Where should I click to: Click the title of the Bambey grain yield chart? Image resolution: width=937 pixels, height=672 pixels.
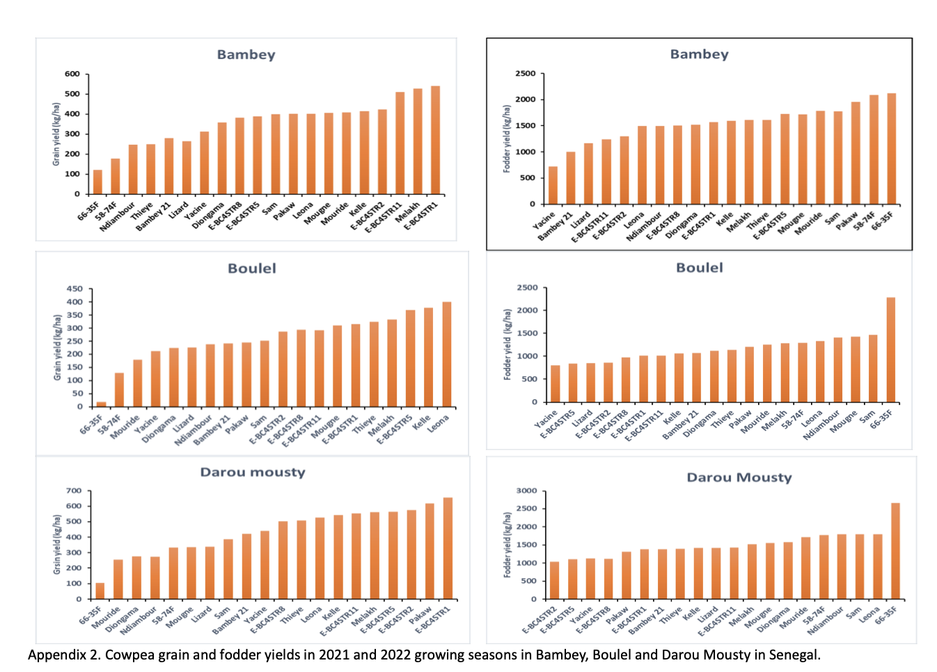(246, 55)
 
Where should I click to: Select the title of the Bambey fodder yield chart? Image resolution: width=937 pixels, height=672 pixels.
(699, 54)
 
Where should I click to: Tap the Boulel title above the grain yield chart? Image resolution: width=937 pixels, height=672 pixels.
(252, 269)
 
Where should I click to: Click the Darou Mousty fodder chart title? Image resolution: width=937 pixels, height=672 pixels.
(739, 477)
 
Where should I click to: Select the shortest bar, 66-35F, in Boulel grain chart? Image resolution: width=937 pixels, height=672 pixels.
(102, 404)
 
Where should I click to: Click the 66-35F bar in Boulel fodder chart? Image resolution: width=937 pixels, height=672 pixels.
(890, 350)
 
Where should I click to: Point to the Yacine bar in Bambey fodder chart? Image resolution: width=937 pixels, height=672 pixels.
(553, 185)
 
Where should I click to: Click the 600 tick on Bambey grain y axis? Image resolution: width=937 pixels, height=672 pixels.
(72, 74)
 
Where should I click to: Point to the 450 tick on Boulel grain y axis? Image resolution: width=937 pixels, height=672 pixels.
(74, 289)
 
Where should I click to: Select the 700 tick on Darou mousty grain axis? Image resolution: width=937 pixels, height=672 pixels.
(74, 490)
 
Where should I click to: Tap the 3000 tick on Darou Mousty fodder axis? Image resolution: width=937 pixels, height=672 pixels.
(526, 490)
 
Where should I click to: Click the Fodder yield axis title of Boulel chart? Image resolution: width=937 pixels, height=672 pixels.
(507, 344)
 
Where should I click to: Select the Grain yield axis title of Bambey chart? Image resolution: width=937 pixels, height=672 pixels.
(56, 134)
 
